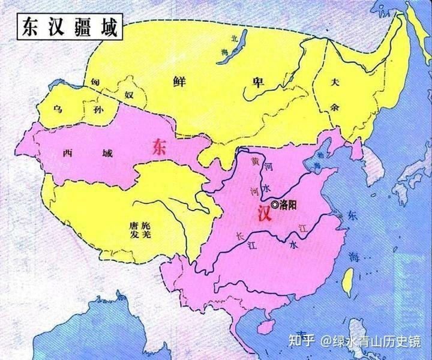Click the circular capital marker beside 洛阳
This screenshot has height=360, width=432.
(275, 205)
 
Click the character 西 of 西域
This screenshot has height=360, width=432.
(67, 152)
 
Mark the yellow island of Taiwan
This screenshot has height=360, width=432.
(347, 283)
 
